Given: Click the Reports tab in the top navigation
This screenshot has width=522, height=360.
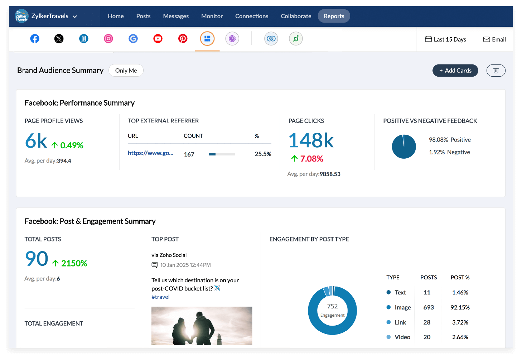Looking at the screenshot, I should coord(334,16).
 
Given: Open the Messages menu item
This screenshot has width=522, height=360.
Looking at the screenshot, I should coord(176,16).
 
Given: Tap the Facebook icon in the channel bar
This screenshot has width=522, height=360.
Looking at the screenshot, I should coord(35,39).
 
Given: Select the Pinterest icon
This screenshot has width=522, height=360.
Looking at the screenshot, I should coord(183,39).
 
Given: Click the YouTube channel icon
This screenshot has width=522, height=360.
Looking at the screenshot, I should coord(158,39).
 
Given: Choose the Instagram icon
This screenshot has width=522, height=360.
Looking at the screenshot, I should coord(108,39).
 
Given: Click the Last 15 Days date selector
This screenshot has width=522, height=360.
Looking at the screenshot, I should coord(446,39).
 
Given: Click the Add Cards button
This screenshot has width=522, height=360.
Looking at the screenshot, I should coord(455,71).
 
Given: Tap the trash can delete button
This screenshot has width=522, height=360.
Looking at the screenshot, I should coord(496,71).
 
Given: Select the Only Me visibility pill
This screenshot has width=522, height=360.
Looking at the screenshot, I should coord(126,71).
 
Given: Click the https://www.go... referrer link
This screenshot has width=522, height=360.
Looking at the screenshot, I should coord(150,153).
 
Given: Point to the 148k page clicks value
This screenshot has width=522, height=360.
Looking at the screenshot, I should coord(311,140).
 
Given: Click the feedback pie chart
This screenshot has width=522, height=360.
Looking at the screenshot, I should coord(404,147).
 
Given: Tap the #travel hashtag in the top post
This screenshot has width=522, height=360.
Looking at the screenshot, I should coord(160,297).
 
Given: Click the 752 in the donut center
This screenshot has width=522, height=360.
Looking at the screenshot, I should coord(332,306).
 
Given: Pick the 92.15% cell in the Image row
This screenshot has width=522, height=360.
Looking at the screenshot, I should coord(460,307).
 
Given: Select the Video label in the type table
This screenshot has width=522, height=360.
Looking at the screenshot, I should coord(402,337).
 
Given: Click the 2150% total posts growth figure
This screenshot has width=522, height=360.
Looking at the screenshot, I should coord(74,263).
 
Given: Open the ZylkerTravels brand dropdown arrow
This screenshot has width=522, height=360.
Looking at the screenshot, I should coord(75,16).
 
